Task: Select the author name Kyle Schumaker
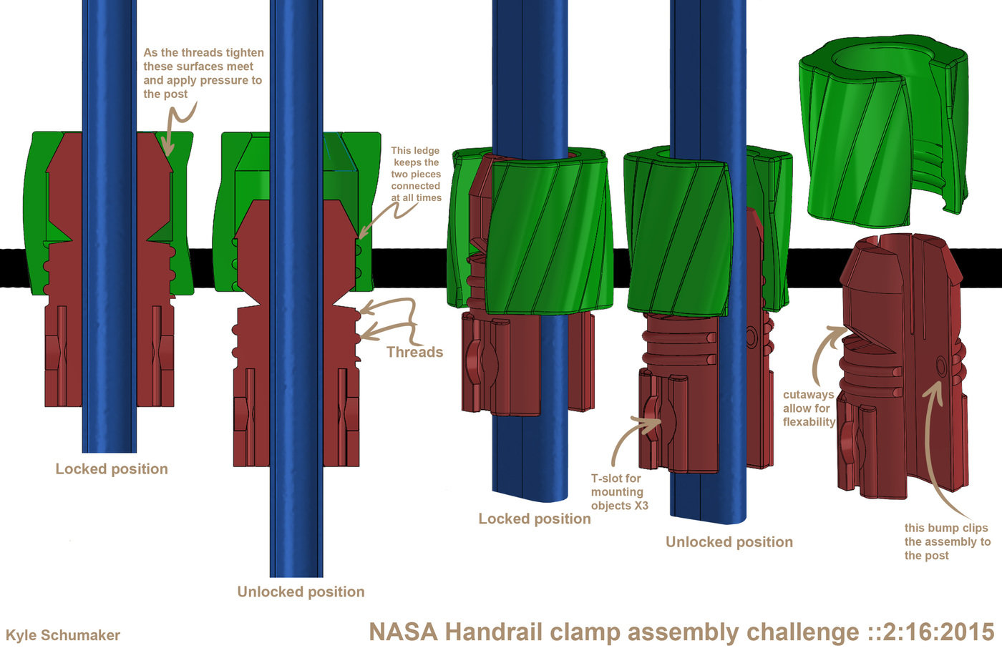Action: [63, 635]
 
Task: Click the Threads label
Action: [414, 352]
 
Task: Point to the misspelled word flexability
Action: [809, 422]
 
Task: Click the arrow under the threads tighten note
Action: [175, 125]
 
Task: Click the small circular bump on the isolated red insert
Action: [941, 367]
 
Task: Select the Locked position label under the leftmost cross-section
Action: [112, 469]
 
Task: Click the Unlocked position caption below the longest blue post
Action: [301, 592]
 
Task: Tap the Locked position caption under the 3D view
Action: [535, 519]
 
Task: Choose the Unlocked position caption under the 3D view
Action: [729, 542]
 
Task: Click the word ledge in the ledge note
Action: [426, 151]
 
